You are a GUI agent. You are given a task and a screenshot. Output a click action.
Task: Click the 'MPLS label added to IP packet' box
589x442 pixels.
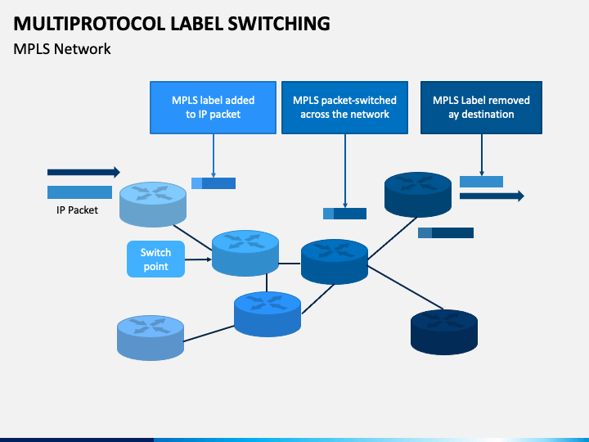[x=213, y=107]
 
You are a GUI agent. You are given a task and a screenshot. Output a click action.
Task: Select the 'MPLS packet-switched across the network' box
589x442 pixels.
[x=345, y=107]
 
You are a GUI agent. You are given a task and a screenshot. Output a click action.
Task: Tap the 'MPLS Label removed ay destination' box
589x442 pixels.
[x=481, y=107]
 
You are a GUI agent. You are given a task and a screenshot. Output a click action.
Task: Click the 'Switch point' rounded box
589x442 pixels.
[x=156, y=259]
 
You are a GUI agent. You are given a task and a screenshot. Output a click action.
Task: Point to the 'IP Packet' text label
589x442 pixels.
[x=77, y=210]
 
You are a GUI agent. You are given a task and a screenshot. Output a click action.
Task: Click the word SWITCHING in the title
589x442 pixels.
[x=279, y=23]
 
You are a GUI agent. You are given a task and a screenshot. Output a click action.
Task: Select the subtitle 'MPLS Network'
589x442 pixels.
[x=62, y=49]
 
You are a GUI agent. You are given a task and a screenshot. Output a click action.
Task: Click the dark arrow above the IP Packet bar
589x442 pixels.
[x=83, y=172]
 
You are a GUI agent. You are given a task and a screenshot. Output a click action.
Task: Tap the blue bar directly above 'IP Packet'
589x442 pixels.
[x=79, y=192]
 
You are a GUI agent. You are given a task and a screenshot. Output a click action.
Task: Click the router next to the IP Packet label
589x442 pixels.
[x=153, y=205]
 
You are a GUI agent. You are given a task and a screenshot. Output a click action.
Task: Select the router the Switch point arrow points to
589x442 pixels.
[x=245, y=253]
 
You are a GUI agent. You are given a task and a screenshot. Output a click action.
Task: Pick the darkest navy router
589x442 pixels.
[x=444, y=332]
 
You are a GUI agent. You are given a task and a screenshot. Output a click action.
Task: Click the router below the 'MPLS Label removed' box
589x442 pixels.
[x=418, y=195]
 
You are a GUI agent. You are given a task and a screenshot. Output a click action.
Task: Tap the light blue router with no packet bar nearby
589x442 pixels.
[x=151, y=338]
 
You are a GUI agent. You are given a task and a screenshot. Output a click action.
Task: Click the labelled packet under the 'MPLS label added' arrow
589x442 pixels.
[x=214, y=183]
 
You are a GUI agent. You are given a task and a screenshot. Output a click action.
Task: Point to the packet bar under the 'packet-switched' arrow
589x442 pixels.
[x=344, y=214]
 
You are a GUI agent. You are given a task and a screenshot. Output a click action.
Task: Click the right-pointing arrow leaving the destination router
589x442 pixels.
[x=492, y=196]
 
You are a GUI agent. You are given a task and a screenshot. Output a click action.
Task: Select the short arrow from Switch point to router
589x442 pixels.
[x=198, y=259]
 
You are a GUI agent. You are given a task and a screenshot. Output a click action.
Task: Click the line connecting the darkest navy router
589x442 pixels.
[x=405, y=287]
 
